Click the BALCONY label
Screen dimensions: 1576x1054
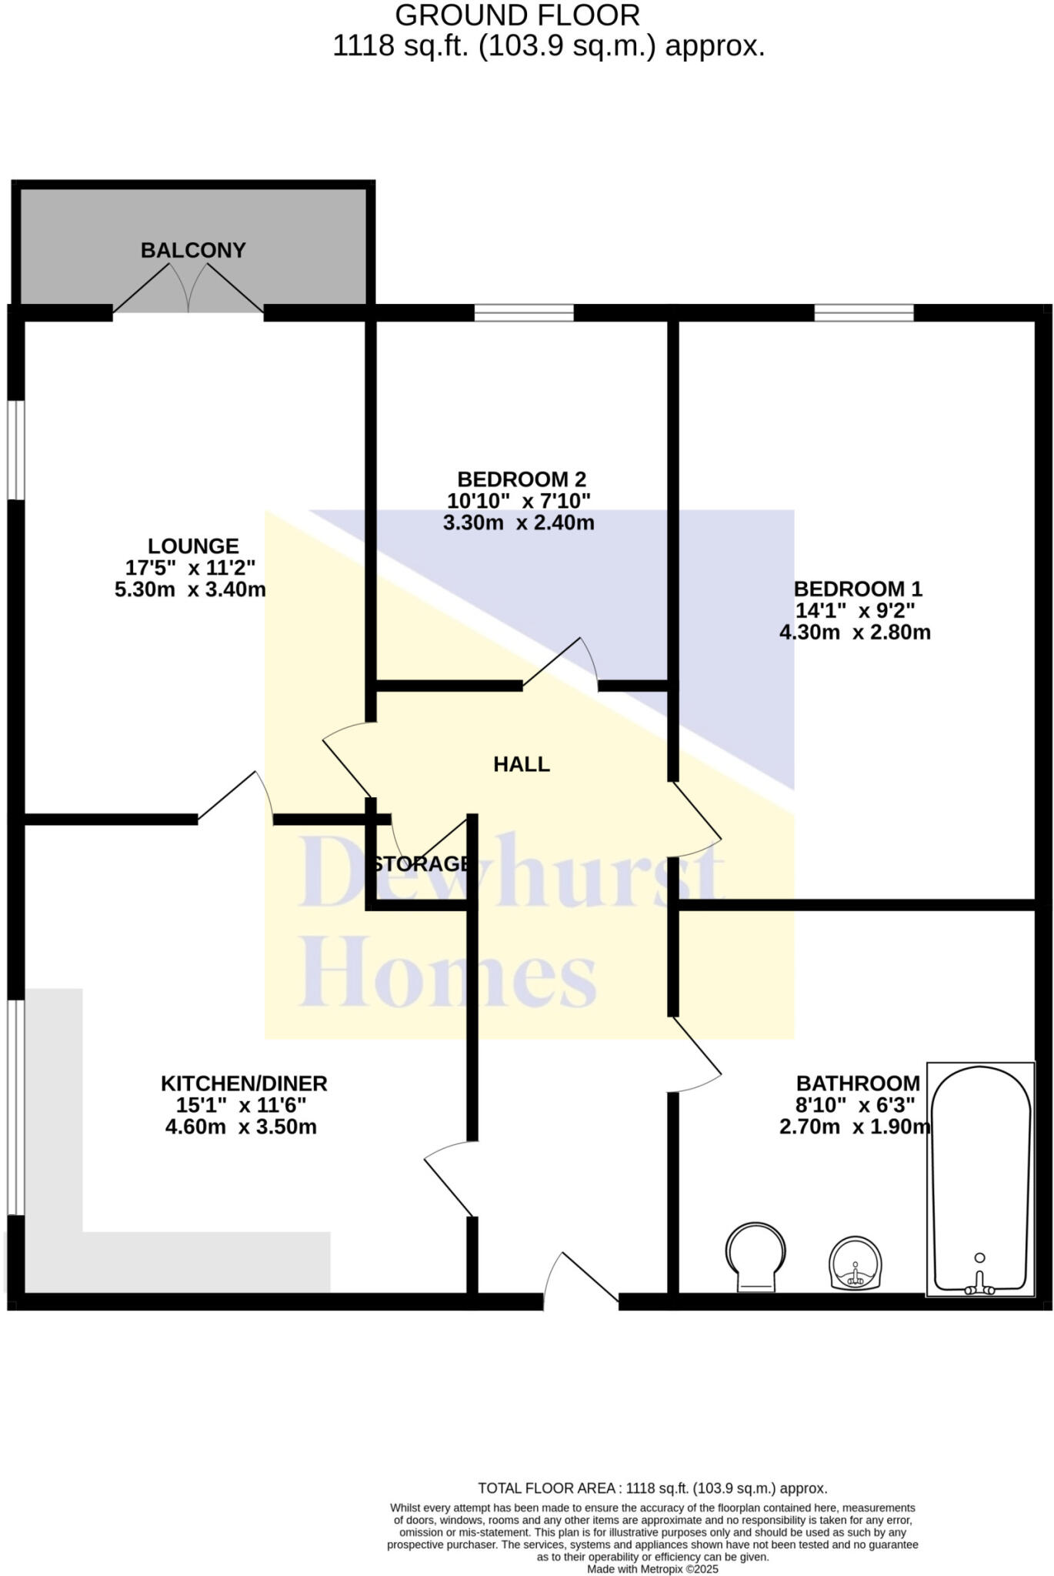(x=193, y=250)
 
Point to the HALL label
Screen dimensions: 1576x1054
(x=522, y=764)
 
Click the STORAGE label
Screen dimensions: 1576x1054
(x=421, y=863)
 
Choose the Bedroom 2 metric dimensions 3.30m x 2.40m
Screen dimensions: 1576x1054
(x=519, y=523)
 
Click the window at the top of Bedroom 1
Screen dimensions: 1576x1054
(x=864, y=312)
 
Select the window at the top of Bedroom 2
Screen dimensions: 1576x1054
(x=524, y=312)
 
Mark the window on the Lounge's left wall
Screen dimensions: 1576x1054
(x=16, y=450)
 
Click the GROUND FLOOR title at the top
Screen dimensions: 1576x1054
(x=517, y=15)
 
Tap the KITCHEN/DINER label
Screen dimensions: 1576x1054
(x=244, y=1083)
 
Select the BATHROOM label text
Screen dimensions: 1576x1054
(x=858, y=1083)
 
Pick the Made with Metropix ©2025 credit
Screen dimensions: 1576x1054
(x=652, y=1568)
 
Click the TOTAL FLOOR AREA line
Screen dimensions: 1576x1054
(x=652, y=1488)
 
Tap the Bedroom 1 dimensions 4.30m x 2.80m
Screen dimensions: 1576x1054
(x=855, y=633)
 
